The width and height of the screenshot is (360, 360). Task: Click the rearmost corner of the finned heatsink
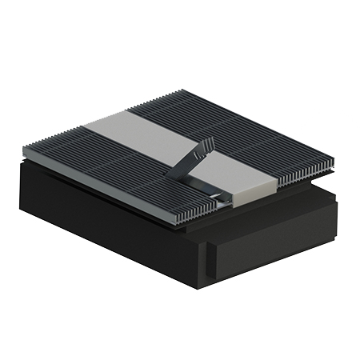[182, 90]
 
